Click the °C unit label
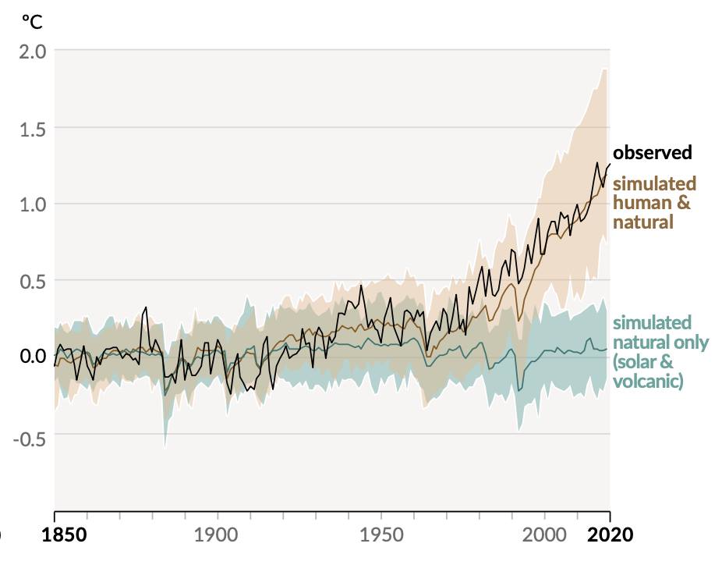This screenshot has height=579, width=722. (x=32, y=22)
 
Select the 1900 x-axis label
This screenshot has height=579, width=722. (x=217, y=535)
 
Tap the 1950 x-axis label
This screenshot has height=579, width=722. (x=381, y=535)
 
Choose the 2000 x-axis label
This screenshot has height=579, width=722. (x=545, y=535)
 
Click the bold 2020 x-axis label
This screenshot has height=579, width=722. (x=609, y=535)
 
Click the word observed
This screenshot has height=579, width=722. (x=652, y=152)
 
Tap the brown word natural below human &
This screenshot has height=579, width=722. (x=643, y=222)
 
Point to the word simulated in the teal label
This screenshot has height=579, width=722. (x=652, y=323)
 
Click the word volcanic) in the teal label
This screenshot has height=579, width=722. (x=648, y=382)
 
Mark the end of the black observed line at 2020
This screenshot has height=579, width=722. (x=609, y=164)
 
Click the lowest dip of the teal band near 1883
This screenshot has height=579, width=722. (x=165, y=447)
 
